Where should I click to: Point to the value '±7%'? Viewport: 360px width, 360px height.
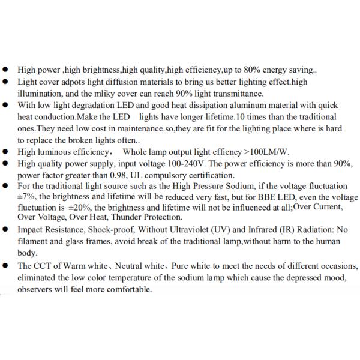(x=26, y=198)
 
